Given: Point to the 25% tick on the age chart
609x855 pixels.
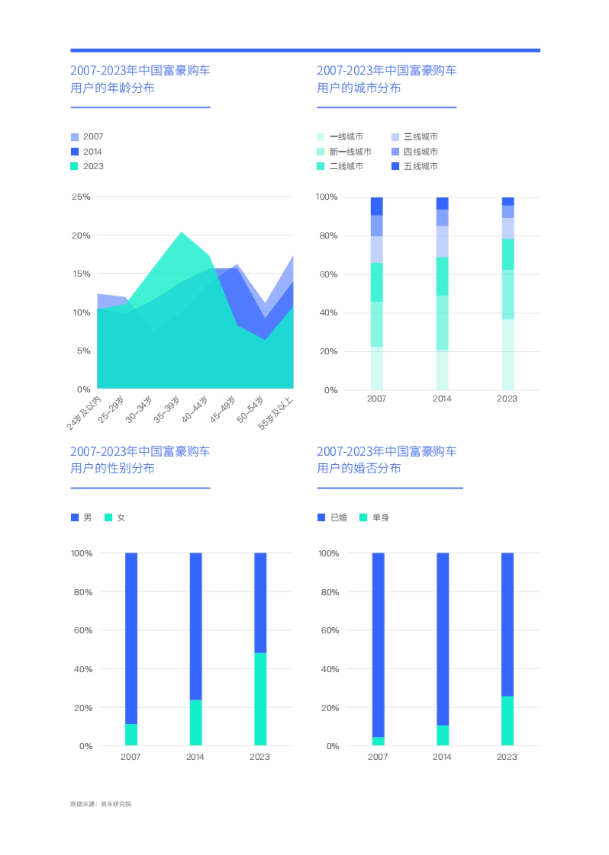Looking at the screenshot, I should pos(81,197).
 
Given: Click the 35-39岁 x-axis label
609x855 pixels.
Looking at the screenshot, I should pos(167,409).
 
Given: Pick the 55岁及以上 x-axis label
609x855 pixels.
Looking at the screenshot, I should pos(276,413).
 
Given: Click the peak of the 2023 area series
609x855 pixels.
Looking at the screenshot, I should pos(181,233).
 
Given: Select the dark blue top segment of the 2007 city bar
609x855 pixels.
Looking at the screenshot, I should pos(377,206).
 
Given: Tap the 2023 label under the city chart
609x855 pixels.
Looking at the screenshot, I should pos(506,399).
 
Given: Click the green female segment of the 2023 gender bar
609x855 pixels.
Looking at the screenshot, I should pos(260,699).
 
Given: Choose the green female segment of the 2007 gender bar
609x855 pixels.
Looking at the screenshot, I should pos(131,734).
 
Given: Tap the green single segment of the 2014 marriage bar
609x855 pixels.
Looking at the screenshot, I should pos(443,735).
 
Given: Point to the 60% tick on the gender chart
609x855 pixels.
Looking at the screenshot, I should pos(83,630).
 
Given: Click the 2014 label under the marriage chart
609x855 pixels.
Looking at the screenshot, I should pos(442,757).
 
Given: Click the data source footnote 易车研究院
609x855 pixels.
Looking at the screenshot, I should pos(116,804).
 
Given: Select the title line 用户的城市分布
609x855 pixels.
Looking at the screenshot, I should pos(359,88).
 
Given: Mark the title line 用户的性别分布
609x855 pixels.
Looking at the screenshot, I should pos(112,468).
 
